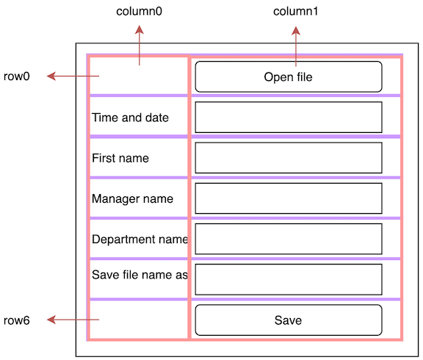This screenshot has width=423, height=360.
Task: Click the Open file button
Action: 289,76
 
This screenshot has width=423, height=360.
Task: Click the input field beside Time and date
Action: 289,117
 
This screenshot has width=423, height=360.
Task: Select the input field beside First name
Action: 289,157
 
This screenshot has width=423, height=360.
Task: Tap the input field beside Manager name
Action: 289,198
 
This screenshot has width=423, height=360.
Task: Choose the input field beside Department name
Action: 289,239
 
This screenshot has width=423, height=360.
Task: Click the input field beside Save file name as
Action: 289,279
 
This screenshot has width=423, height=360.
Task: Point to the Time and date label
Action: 130,118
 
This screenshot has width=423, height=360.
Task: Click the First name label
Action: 120,158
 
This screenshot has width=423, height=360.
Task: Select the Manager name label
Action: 132,198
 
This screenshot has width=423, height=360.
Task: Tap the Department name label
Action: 140,239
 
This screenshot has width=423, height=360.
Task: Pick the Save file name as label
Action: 140,275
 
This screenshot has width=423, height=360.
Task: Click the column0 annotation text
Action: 140,12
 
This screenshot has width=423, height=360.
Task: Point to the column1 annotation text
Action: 296,12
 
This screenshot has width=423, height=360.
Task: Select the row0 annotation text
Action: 16,76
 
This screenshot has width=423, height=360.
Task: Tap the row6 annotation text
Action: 16,320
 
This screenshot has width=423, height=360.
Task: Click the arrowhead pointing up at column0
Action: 140,30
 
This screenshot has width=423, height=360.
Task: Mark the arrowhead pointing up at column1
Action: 296,30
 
